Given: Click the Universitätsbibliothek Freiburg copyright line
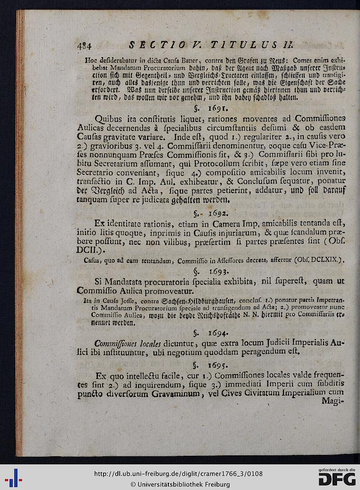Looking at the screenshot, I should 180,484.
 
